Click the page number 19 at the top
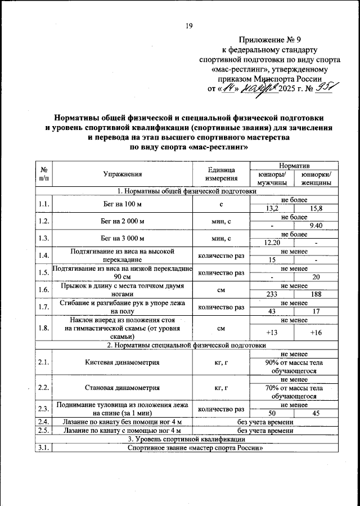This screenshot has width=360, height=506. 190,25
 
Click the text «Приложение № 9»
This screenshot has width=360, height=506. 271,40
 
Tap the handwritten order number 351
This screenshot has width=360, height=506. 326,88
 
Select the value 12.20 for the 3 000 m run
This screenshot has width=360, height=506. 272,243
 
